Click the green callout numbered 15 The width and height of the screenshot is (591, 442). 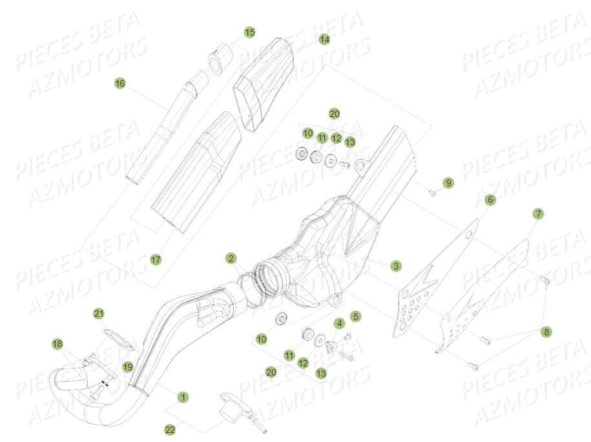tap(249, 32)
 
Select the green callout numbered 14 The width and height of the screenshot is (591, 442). tap(324, 39)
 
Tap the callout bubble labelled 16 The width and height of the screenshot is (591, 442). tap(119, 83)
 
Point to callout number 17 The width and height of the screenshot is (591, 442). tap(155, 259)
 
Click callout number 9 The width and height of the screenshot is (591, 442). tap(448, 183)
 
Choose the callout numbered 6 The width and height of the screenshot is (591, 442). tap(490, 200)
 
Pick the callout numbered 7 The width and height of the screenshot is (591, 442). tap(538, 213)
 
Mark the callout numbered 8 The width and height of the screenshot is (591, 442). tap(547, 332)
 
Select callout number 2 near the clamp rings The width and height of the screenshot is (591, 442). tap(231, 258)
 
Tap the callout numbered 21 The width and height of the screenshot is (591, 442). tap(98, 313)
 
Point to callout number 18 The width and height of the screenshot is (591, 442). tap(57, 344)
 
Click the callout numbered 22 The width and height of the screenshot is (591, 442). tap(169, 429)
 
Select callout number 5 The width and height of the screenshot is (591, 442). tap(355, 316)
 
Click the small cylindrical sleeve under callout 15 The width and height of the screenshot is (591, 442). tap(216, 57)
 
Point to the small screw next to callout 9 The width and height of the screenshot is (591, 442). tap(433, 191)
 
